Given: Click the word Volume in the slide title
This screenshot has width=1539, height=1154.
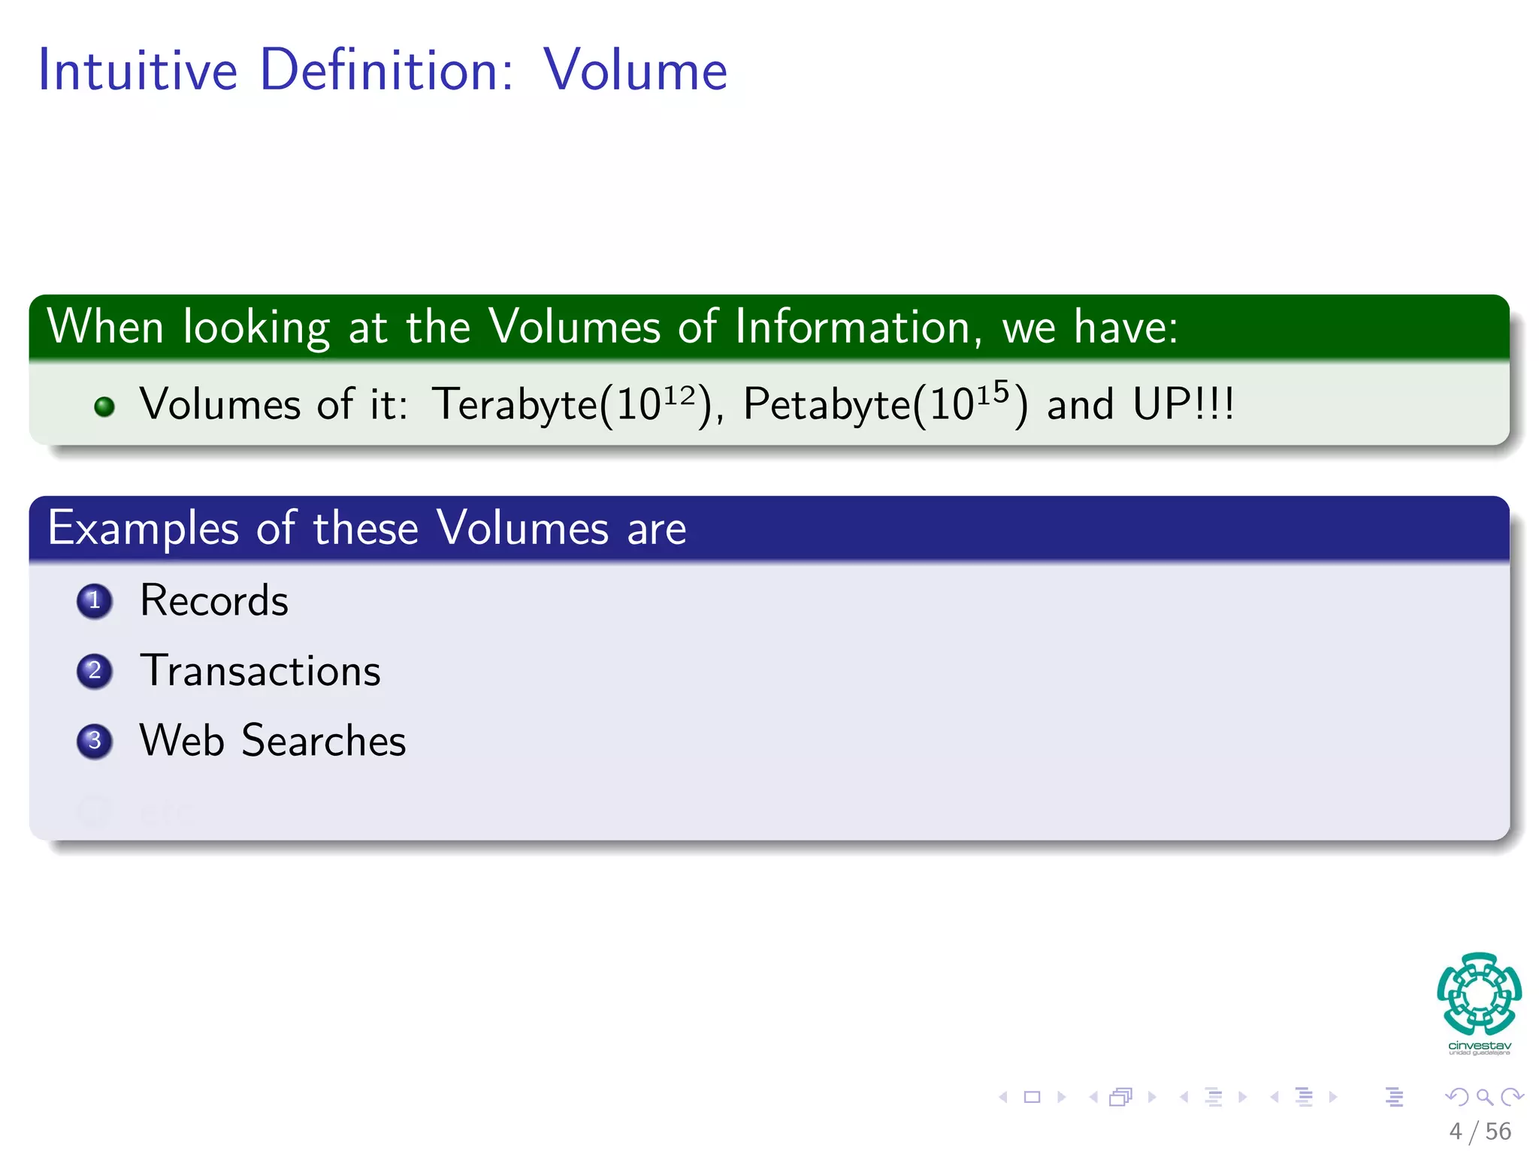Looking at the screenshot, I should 635,70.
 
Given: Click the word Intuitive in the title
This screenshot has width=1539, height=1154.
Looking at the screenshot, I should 138,70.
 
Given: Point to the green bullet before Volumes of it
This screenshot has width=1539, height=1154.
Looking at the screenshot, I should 104,406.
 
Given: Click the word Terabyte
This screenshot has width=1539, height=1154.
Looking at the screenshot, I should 515,404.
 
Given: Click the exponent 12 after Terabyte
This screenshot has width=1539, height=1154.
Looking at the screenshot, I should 679,394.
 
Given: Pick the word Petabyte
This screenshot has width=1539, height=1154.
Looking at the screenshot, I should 827,404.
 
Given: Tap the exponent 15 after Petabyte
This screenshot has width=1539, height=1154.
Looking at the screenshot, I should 993,392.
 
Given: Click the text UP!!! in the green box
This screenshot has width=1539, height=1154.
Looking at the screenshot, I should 1183,404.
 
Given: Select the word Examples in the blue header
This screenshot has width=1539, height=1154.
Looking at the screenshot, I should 143,528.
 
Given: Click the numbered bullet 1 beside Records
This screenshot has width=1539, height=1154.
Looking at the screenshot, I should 95,601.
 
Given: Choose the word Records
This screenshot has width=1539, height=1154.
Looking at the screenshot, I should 214,600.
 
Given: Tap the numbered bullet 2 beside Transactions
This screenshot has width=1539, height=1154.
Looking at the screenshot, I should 95,671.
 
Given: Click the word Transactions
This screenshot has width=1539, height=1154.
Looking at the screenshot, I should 260,670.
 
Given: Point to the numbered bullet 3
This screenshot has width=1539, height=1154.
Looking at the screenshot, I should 95,741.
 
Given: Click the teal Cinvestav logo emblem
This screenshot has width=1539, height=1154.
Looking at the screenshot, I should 1479,993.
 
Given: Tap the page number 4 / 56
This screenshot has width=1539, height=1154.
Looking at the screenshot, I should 1480,1131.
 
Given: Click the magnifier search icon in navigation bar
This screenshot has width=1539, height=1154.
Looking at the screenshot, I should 1483,1097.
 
